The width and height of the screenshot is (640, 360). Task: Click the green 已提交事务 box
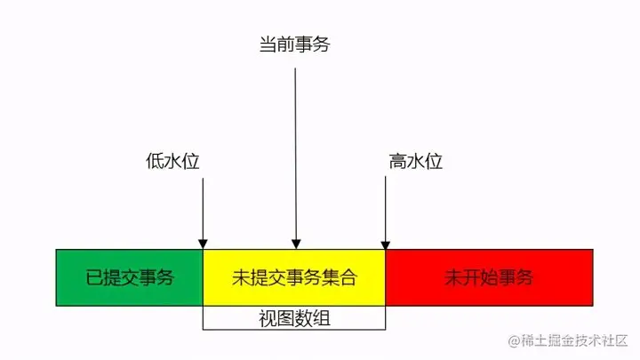(x=130, y=277)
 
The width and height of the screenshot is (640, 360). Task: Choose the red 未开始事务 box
(x=489, y=277)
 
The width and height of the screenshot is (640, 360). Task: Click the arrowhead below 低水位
(x=204, y=244)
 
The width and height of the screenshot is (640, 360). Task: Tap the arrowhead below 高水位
(x=385, y=244)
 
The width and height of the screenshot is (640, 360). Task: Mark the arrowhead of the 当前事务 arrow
(x=296, y=244)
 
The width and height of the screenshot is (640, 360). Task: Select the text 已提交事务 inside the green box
(x=130, y=277)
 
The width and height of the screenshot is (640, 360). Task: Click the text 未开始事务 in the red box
(x=489, y=277)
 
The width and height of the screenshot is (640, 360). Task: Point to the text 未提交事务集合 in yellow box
(x=294, y=277)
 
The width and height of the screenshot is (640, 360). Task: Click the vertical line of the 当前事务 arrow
(x=296, y=151)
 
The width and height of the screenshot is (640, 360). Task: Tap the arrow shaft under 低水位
(x=204, y=209)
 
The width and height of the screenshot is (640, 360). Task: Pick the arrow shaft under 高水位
(x=385, y=209)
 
